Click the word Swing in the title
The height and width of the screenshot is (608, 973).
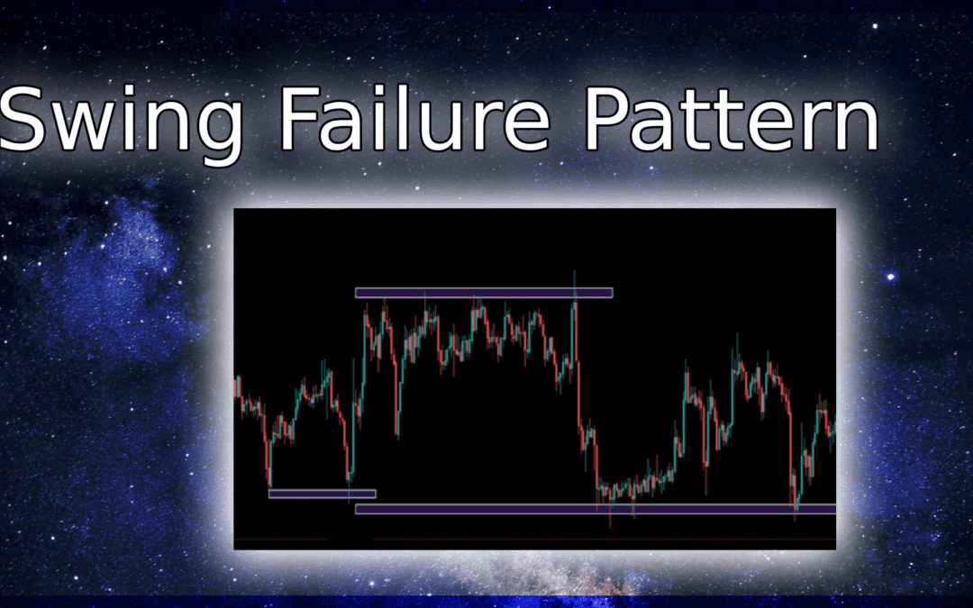(x=121, y=123)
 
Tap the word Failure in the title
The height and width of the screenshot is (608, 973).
(x=414, y=118)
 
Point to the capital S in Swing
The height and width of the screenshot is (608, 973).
(x=25, y=119)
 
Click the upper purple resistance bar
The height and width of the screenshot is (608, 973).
(x=484, y=293)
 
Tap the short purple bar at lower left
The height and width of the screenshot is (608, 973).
(x=322, y=494)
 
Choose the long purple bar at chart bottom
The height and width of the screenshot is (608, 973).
(x=596, y=509)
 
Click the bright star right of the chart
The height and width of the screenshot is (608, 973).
(x=891, y=277)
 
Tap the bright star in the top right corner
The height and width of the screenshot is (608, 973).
(x=875, y=26)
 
